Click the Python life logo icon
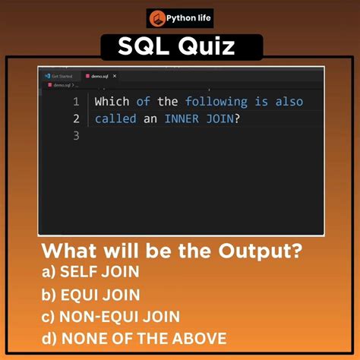(x=158, y=18)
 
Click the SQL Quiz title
(x=180, y=48)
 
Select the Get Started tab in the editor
(x=62, y=77)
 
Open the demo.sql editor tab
(x=99, y=77)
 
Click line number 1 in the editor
(x=76, y=102)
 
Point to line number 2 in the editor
(x=76, y=119)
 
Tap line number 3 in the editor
(x=76, y=136)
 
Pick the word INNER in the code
(x=186, y=119)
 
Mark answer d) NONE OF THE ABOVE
(x=134, y=339)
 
